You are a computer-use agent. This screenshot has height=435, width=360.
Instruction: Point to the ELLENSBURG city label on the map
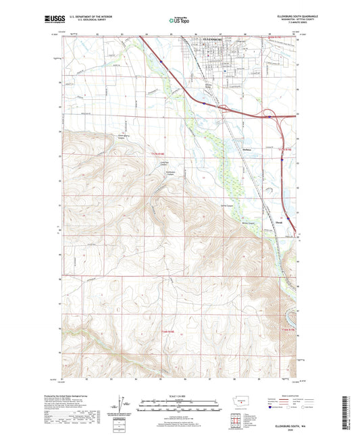click(x=217, y=39)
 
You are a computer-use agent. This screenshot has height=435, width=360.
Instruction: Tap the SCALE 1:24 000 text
click(x=179, y=396)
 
